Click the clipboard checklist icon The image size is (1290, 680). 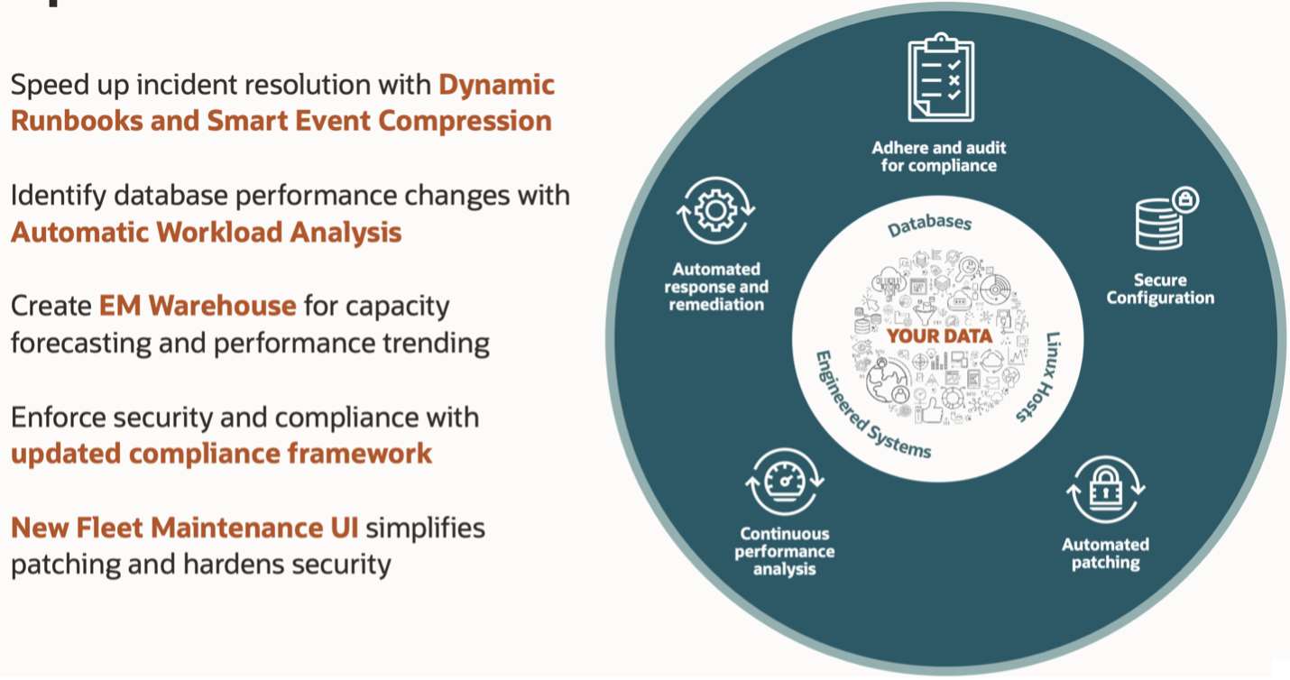tap(941, 78)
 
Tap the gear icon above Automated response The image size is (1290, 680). tap(716, 211)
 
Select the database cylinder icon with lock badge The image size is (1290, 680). tap(1166, 218)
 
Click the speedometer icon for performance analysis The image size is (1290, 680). tap(784, 482)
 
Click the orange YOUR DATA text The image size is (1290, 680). tap(939, 336)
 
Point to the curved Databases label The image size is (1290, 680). tap(929, 225)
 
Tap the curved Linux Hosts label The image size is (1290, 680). tap(1040, 377)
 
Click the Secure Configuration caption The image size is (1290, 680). tap(1160, 289)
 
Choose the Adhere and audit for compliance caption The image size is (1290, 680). tap(939, 157)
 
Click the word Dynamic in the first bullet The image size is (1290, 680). tap(496, 85)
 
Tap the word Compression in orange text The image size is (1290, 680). tap(465, 121)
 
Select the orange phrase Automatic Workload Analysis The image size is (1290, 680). tap(207, 233)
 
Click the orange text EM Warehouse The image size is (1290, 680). tap(198, 305)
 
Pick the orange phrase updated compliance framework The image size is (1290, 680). tap(221, 454)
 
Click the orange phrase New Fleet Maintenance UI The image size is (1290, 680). tap(184, 528)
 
